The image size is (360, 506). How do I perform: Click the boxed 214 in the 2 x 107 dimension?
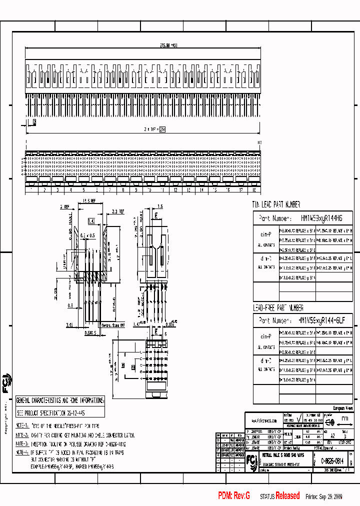point(162,129)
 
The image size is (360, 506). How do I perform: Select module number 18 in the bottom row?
point(253,190)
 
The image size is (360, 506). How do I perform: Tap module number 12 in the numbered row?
point(175,190)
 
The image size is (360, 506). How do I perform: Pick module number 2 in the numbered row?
point(44,190)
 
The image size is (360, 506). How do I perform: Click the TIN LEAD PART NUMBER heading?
point(276,204)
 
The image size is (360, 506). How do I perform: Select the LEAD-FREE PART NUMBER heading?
point(278,308)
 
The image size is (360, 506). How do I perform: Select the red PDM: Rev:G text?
point(233,495)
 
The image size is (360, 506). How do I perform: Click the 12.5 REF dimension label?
point(88,201)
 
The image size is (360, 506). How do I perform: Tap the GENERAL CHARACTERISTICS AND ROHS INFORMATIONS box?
point(60,400)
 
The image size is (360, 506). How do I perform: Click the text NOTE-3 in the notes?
point(21,443)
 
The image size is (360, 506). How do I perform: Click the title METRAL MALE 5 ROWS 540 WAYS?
point(283,455)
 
